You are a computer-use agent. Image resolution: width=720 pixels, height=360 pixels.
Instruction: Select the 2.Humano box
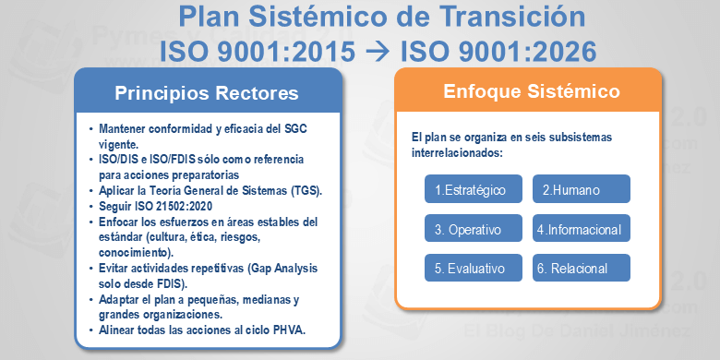point(581,190)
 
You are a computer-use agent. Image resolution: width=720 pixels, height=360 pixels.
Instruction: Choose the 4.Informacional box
point(581,229)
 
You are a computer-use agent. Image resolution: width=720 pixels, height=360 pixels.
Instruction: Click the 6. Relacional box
point(581,268)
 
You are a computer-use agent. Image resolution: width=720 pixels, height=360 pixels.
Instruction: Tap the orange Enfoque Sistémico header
point(531,92)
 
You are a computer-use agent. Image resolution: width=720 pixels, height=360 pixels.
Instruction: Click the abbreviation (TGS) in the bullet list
point(305,191)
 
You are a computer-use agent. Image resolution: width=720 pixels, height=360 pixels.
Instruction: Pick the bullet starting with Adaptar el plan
point(198,306)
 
